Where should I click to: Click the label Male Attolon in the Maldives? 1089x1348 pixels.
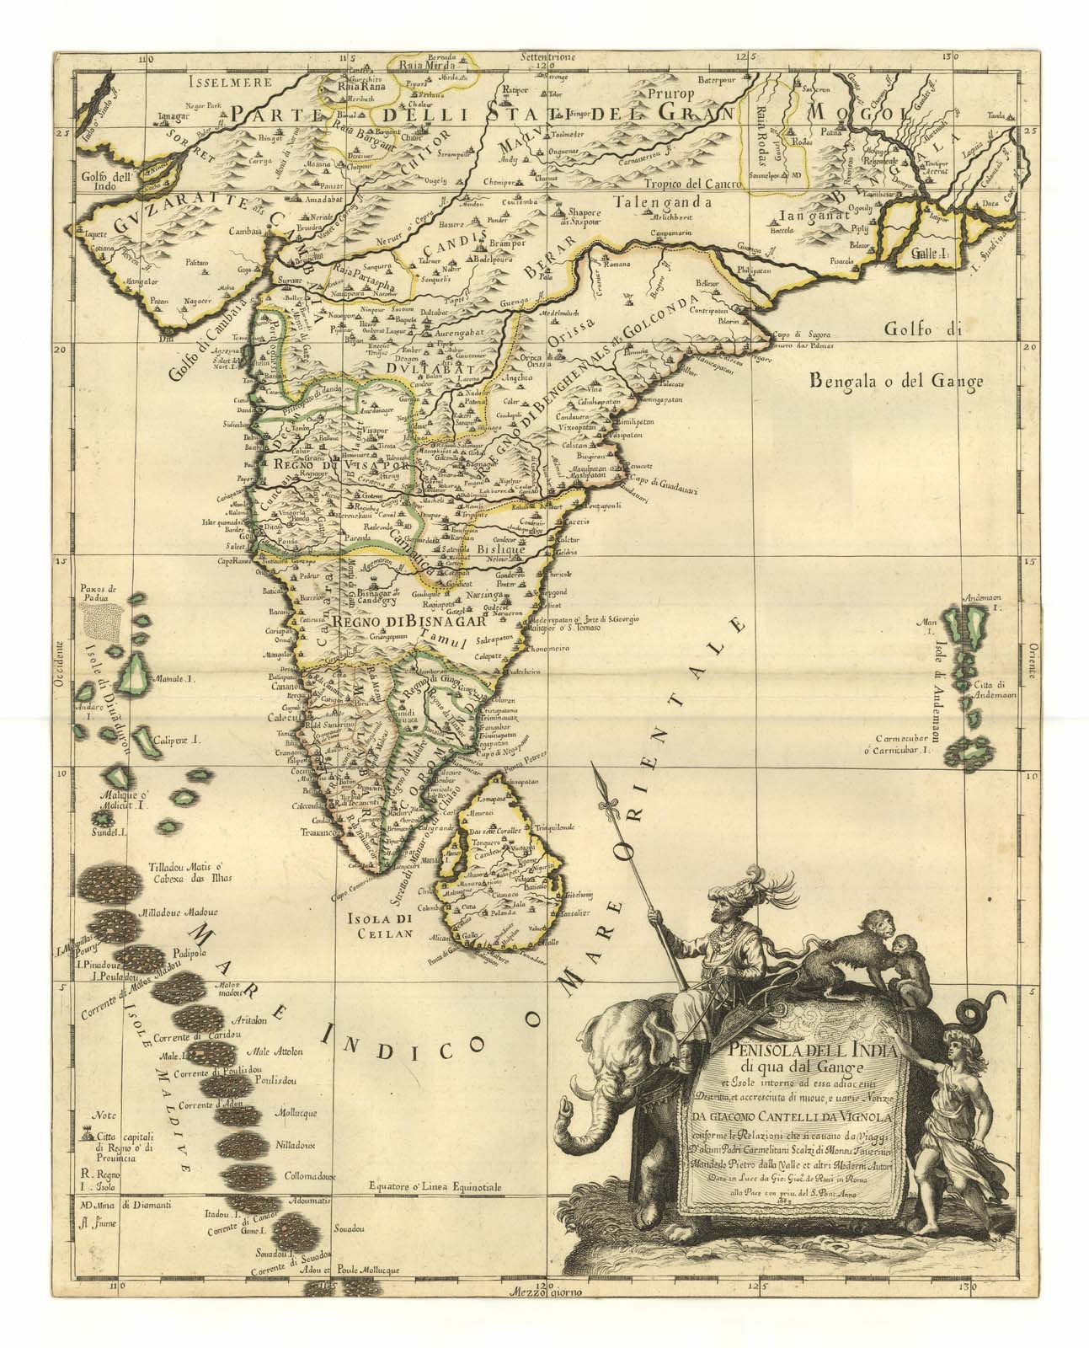tap(271, 1051)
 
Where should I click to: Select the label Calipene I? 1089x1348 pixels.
tap(173, 742)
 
